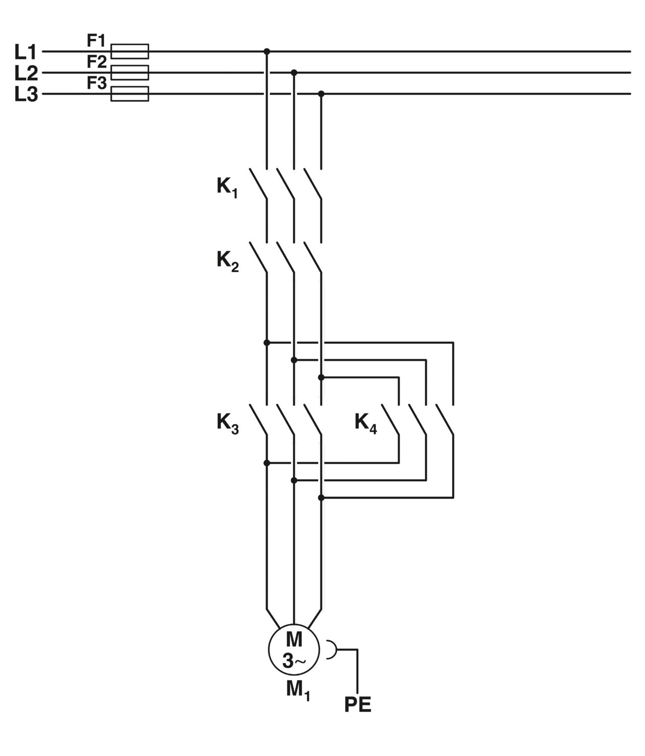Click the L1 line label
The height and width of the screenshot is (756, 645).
coord(26,51)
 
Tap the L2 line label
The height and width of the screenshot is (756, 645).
coord(26,73)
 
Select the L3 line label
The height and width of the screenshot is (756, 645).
coord(26,94)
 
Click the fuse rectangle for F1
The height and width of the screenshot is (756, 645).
coord(130,51)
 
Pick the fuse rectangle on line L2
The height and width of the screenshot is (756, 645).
coord(130,73)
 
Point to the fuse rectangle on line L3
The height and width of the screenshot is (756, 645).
coord(130,94)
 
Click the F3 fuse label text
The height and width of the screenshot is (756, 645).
coord(97,83)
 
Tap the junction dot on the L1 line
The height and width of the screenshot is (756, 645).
coord(267,51)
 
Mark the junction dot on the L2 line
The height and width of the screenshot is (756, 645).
coord(294,73)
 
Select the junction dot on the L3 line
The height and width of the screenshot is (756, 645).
coord(321,94)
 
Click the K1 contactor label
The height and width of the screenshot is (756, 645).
coord(227,187)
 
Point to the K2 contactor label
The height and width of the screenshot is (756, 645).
coord(227,261)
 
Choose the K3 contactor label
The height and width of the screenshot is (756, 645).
coord(227,423)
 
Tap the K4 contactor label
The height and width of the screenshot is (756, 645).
coord(366,423)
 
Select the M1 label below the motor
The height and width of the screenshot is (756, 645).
coord(298,691)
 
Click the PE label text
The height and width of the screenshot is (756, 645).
coord(358,705)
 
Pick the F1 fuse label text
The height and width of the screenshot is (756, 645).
coord(96,41)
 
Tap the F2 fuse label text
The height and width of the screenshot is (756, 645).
coord(97,62)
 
